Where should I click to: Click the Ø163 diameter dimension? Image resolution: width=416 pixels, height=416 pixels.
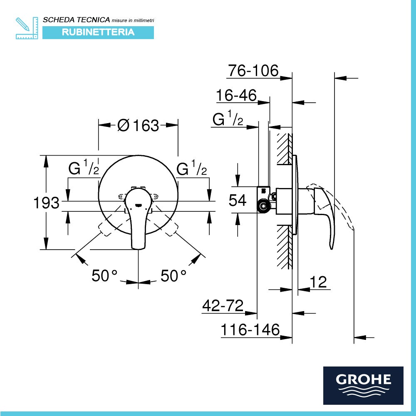138,125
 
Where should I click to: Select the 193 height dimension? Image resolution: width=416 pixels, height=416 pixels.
46,203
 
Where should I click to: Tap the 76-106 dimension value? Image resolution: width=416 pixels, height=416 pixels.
253,71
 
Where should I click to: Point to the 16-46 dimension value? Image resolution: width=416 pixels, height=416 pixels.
236,96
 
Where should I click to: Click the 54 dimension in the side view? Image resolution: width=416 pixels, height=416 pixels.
238,200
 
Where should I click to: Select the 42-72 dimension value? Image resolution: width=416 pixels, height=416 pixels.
223,306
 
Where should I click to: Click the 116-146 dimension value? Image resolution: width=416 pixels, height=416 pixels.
250,330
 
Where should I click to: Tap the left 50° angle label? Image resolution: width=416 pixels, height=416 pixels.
105,275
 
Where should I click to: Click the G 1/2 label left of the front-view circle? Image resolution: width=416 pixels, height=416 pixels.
84,169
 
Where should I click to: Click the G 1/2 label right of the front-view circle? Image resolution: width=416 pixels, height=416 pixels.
192,169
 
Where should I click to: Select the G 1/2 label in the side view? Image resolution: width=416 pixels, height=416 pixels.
228,119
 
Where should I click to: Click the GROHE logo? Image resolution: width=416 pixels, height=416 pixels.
363,385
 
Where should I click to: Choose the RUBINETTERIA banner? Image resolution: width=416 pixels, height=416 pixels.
98,32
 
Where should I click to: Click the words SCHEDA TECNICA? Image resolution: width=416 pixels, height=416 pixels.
77,20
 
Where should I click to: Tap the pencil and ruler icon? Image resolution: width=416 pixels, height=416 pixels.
27,28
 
